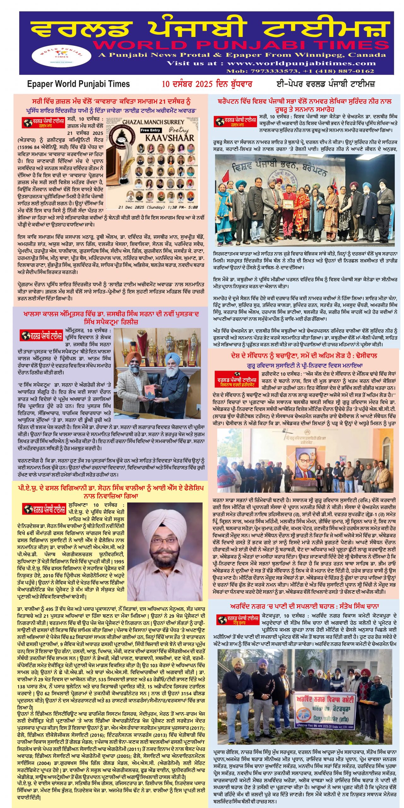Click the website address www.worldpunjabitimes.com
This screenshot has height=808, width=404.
pos(301,63)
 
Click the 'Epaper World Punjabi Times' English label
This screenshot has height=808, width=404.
pos(78,84)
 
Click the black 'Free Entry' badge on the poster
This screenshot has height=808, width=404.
pos(151,130)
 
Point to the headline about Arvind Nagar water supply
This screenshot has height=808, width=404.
pos(304,606)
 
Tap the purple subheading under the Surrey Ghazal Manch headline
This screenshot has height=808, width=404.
pos(111,110)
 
